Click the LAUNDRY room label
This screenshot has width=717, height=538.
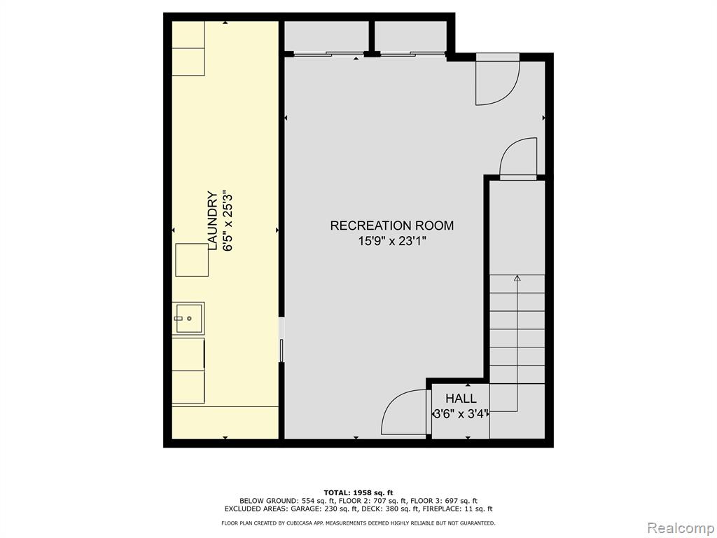click(213, 221)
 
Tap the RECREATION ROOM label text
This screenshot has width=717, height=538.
click(392, 226)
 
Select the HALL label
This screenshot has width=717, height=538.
click(461, 399)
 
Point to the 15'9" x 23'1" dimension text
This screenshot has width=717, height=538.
click(392, 241)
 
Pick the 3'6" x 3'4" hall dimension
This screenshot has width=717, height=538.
click(461, 414)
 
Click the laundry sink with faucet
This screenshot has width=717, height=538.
click(188, 318)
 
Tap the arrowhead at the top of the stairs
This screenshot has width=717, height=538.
click(517, 278)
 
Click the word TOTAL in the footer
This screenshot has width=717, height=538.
click(337, 492)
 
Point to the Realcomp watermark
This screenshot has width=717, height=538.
click(681, 528)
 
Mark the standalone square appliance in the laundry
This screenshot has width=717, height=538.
click(192, 260)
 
